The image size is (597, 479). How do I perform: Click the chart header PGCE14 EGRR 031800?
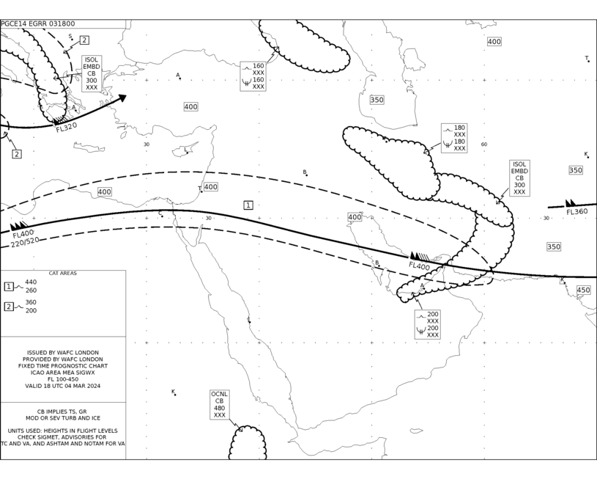click(37, 23)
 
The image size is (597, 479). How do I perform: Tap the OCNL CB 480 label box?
click(219, 405)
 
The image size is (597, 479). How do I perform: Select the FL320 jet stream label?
click(67, 128)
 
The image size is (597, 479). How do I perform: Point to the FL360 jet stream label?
click(576, 212)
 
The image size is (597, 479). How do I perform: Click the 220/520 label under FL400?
click(25, 242)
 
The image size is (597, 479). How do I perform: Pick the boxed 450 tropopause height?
click(583, 290)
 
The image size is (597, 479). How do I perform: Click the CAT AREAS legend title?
click(62, 274)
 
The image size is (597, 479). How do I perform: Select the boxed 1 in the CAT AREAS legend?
click(9, 286)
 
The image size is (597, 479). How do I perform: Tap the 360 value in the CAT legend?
click(31, 302)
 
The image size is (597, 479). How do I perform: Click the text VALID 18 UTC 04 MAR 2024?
click(63, 386)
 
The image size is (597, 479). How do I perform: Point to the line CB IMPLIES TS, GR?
click(62, 412)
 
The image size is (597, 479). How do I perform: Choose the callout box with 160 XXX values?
click(253, 76)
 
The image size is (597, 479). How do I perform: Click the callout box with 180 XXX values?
click(454, 138)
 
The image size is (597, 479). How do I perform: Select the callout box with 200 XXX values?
click(428, 324)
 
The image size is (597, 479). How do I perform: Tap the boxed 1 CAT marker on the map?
click(248, 205)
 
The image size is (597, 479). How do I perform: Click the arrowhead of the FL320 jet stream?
click(122, 98)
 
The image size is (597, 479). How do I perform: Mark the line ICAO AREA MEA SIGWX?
click(63, 373)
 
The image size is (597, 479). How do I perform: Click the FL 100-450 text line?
click(63, 379)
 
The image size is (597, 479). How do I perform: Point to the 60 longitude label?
click(484, 145)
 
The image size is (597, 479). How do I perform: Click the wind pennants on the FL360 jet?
click(571, 203)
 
